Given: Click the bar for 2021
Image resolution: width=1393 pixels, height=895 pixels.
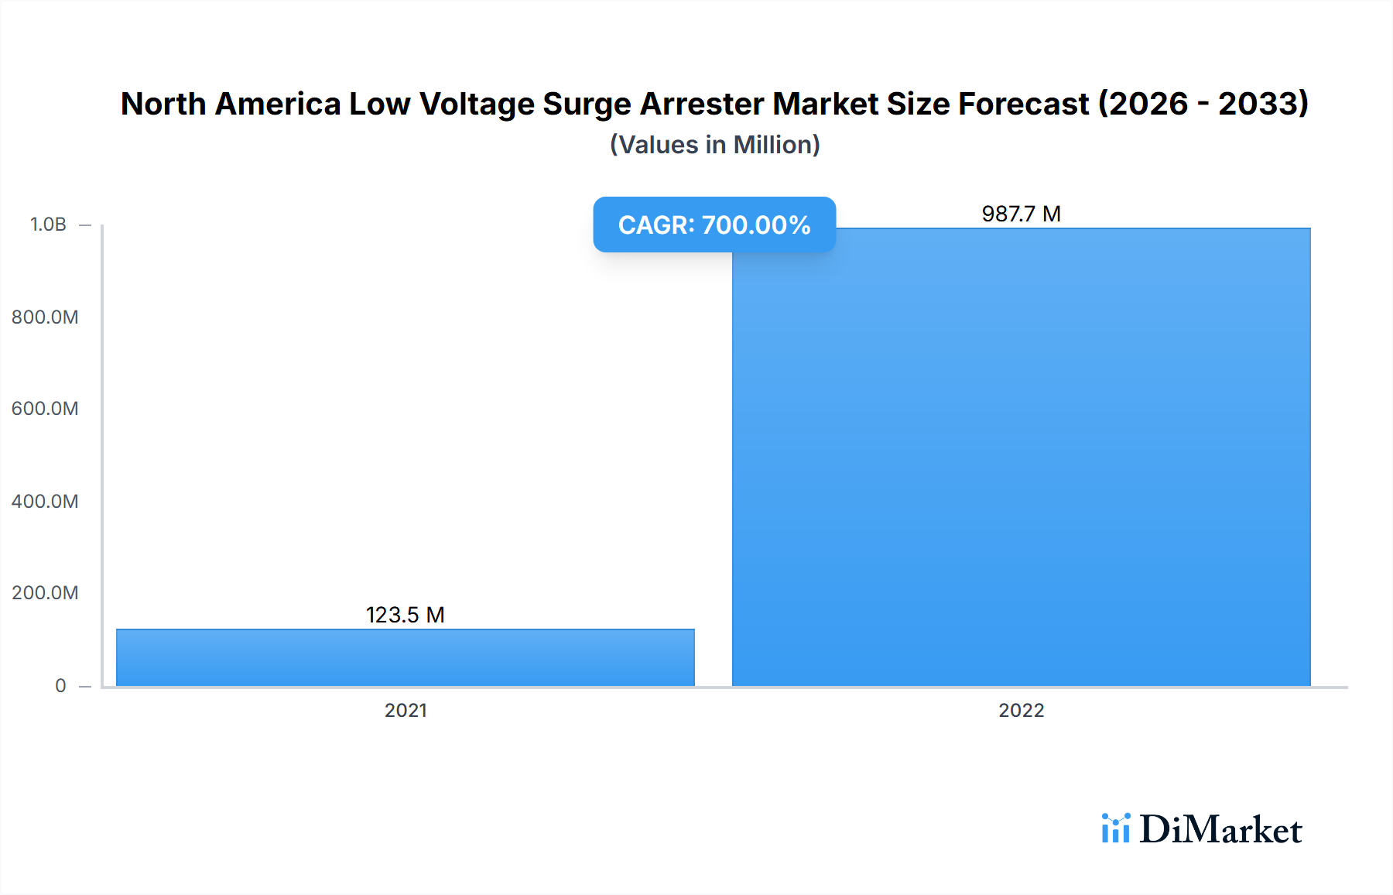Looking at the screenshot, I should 406,657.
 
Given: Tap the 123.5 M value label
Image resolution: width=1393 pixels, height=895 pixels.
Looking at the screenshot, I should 405,615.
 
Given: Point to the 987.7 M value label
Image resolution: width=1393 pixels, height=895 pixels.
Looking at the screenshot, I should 1021,214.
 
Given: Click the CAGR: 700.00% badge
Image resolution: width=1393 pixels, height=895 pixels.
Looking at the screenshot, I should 714,225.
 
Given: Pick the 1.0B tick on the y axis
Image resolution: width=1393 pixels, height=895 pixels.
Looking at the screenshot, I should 48,225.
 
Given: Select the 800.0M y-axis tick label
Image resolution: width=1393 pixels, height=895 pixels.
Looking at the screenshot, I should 45,317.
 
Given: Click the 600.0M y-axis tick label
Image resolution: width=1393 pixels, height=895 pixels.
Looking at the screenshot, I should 45,408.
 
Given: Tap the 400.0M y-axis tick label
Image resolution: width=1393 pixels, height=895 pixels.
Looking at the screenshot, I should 45,501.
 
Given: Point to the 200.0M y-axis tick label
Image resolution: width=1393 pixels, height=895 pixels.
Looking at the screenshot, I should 45,592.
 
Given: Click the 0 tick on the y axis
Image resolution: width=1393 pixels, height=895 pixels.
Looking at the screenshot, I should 60,685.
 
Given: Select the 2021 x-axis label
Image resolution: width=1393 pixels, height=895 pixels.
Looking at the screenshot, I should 406,710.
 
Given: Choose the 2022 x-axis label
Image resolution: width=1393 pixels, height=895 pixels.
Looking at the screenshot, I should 1021,710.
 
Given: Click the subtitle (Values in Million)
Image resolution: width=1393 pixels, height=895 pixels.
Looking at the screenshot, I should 714,145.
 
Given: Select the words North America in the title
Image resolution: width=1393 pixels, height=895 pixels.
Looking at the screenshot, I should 231,104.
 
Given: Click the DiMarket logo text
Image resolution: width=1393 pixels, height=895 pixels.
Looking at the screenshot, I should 1220,829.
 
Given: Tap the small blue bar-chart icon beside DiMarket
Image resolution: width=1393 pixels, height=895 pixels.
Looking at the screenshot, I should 1115,828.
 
